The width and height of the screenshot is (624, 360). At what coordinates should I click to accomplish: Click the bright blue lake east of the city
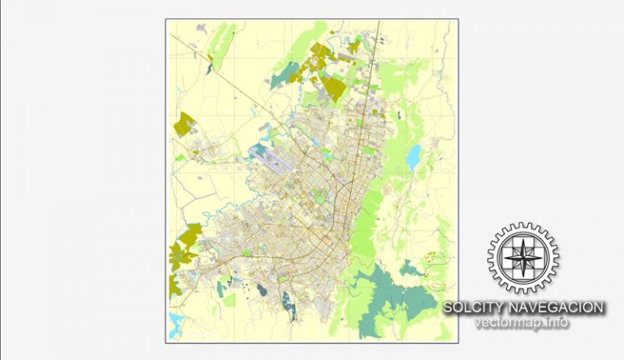[414, 155]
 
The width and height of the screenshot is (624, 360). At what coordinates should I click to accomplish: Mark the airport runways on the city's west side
[271, 158]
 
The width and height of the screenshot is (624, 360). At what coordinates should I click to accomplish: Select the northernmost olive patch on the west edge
[184, 124]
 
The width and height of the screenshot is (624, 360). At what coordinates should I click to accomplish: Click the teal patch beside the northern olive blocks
[284, 78]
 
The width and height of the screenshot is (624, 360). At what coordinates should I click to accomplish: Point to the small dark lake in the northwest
[209, 69]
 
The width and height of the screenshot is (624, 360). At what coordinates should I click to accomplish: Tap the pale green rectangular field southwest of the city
[229, 300]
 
